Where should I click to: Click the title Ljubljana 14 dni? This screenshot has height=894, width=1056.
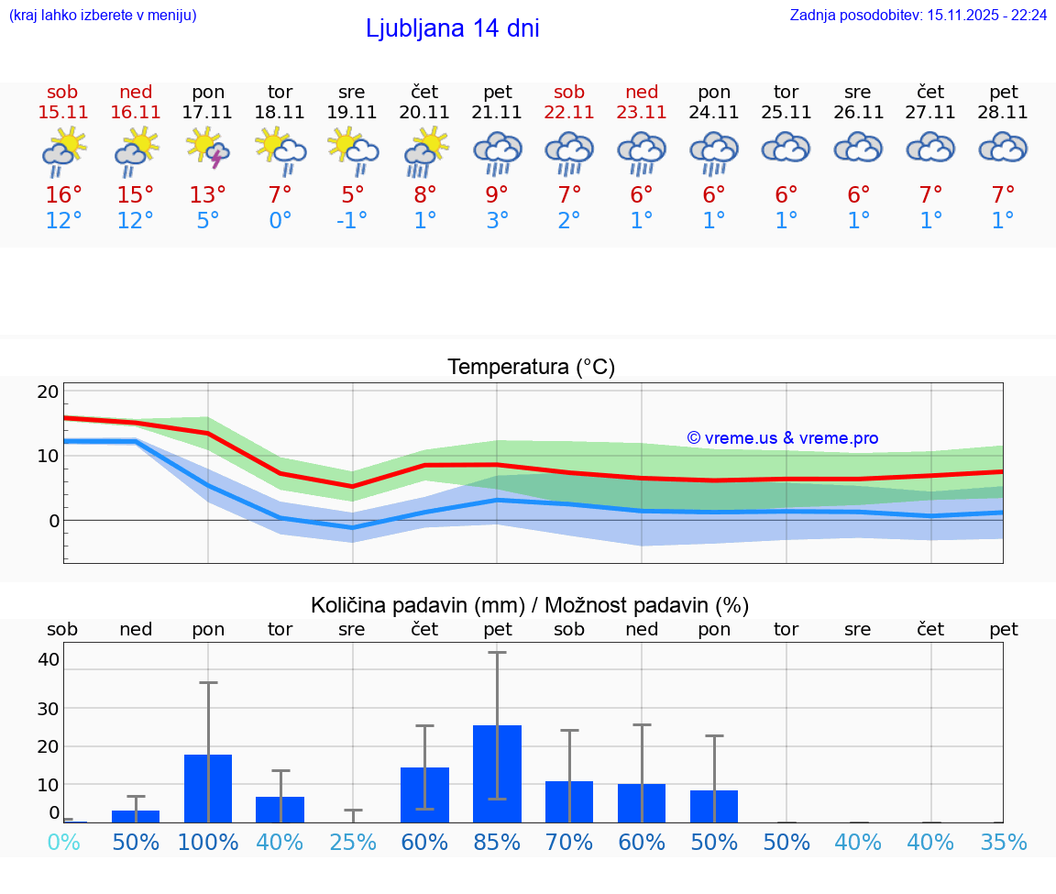coord(452,28)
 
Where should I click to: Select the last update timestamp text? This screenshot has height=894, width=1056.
coord(918,15)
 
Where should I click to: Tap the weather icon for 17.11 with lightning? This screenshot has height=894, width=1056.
coord(208,149)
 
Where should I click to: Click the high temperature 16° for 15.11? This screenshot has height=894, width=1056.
coord(63,194)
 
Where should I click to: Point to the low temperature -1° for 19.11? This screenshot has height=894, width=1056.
coord(351,221)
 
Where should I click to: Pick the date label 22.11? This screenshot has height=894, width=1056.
coord(569,112)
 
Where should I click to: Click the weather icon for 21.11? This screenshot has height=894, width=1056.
coord(497,152)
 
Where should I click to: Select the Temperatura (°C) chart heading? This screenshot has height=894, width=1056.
coord(531,368)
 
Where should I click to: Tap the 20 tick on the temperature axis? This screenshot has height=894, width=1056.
coord(48,392)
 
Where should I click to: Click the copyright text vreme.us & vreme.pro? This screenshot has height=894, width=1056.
coord(782,438)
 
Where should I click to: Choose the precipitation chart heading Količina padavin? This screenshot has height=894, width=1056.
coord(530,605)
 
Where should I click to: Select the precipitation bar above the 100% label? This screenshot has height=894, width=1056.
coord(208,788)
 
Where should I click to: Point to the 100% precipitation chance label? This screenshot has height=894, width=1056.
coord(208,843)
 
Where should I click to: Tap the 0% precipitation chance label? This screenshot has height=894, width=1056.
coord(63,843)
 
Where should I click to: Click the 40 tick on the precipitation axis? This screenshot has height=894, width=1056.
coord(49,659)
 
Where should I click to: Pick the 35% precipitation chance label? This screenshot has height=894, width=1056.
coord(1003,843)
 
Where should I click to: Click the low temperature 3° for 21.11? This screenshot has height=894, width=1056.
coord(497,221)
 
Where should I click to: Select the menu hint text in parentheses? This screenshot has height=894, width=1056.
coord(102,15)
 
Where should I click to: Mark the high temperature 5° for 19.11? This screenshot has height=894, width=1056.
coord(352,194)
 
